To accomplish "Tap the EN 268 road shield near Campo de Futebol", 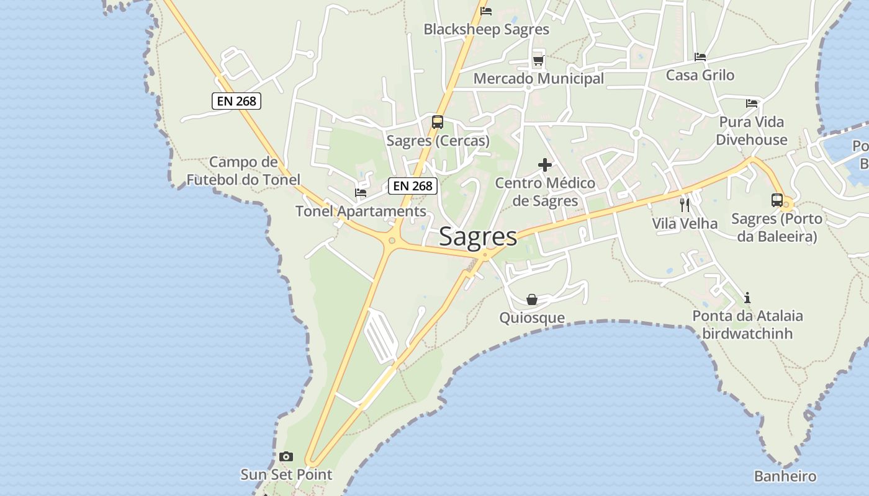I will tap(236, 101).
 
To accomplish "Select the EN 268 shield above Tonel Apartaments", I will tap(413, 185).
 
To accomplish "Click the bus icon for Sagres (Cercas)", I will tap(438, 122).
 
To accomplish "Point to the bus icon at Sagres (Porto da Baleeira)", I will tap(777, 200).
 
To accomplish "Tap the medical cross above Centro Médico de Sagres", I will tap(545, 165).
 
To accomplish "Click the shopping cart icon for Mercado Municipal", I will tap(539, 61).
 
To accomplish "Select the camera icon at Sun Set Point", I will tap(286, 457).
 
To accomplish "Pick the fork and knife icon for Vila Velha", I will tap(685, 205).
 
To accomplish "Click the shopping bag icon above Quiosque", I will tap(532, 300).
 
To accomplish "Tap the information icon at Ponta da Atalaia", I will tap(747, 298).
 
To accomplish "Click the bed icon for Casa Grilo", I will tap(700, 57).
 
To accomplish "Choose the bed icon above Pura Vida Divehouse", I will tap(752, 104).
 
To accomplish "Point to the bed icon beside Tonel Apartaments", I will tap(361, 193).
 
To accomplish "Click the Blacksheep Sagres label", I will tap(486, 30).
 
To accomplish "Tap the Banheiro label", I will tap(785, 477).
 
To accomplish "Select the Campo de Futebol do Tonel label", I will tap(243, 171).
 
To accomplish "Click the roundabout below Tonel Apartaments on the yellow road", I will tap(392, 241).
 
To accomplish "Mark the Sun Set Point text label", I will tap(286, 475).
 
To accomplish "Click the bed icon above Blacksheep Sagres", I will tap(486, 11).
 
